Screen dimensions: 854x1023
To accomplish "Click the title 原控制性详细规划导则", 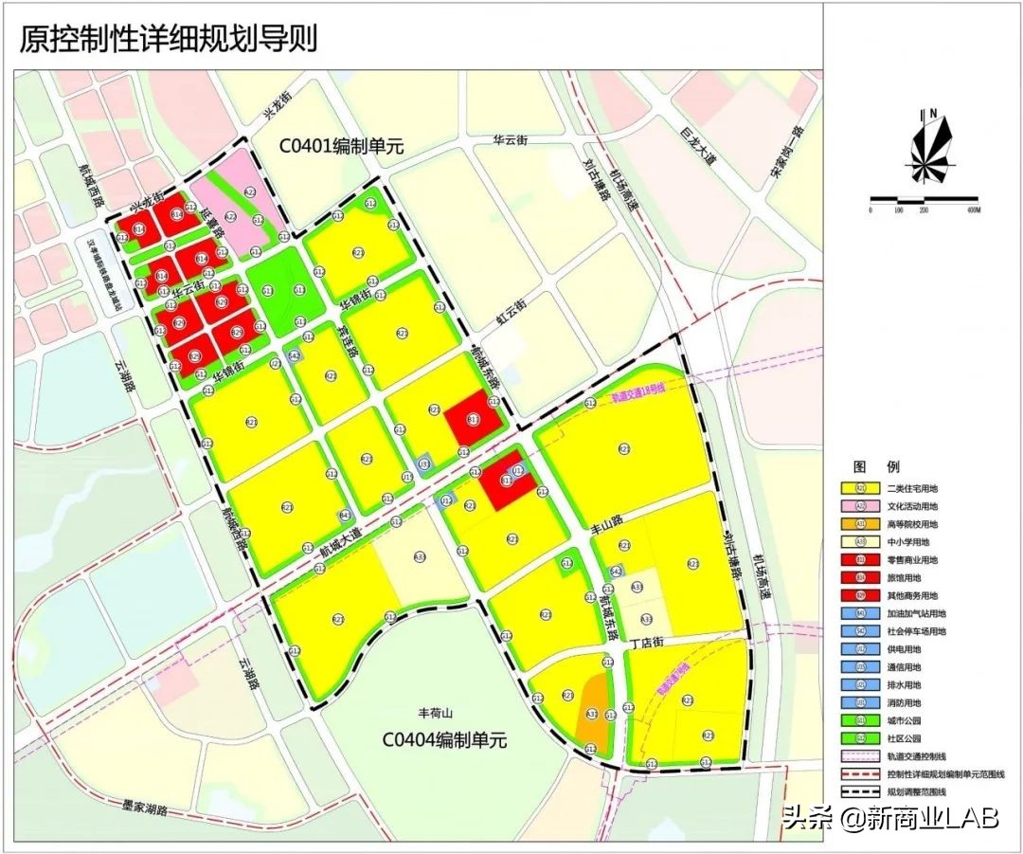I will point(169,38).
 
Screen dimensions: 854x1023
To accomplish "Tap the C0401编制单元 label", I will point(341,147).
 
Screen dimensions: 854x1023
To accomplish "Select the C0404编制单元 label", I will point(444,740).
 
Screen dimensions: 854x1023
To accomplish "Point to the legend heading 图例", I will point(863,467).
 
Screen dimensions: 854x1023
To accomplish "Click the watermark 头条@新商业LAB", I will point(890,818).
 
